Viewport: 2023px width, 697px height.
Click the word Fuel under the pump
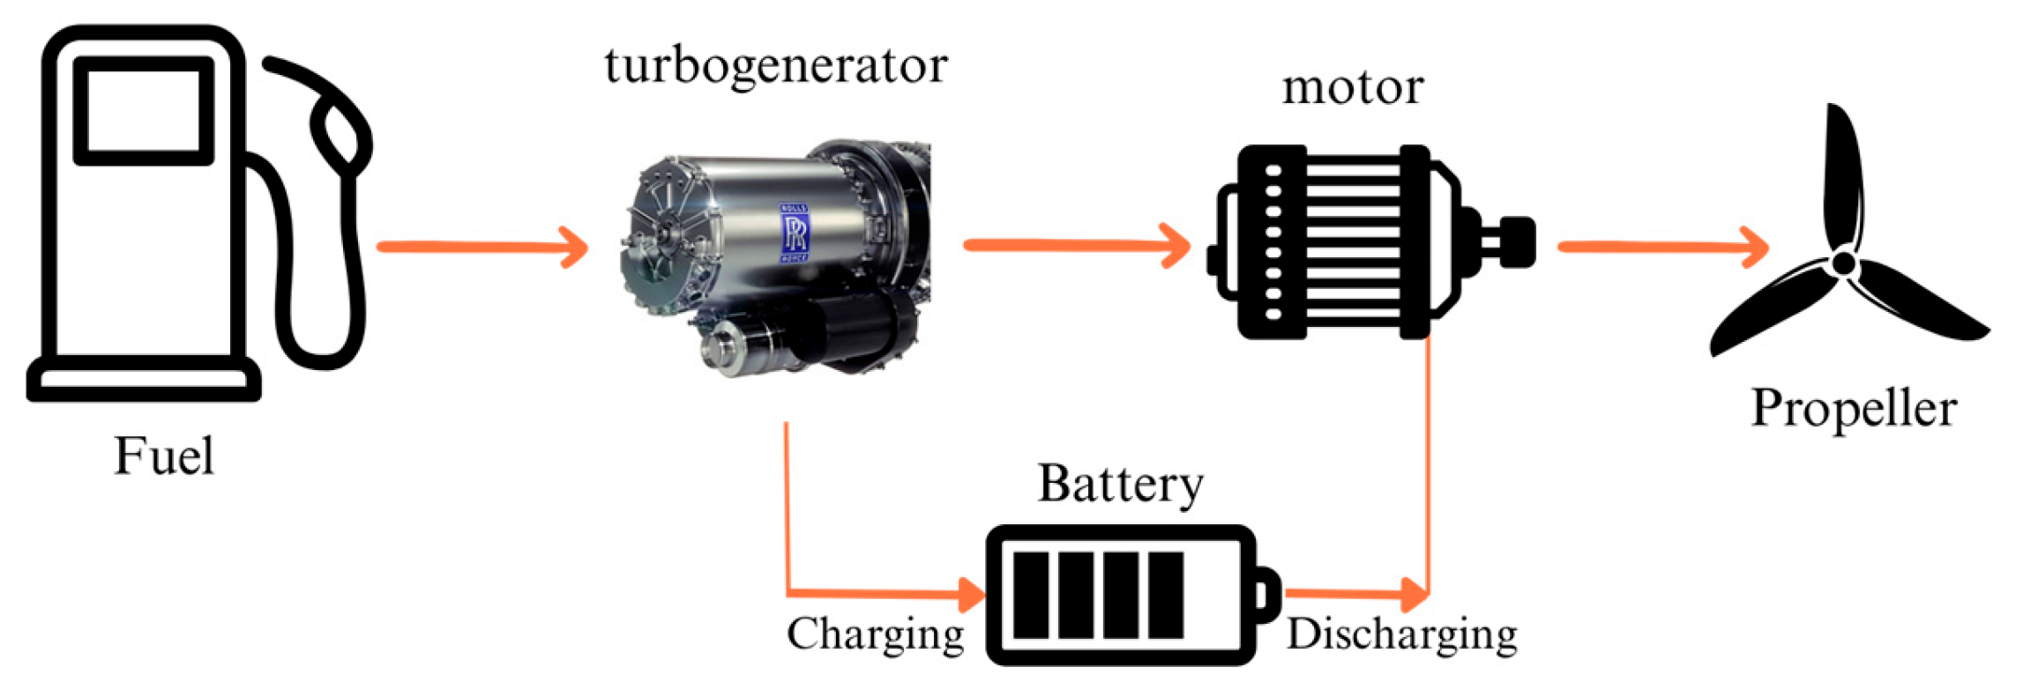(x=164, y=456)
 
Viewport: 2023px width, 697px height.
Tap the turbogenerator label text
(x=776, y=65)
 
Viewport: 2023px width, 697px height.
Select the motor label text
(x=1353, y=87)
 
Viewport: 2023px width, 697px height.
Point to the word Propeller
(x=1854, y=409)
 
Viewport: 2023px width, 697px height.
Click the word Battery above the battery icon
(x=1121, y=485)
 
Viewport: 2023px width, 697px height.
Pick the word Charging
(x=876, y=634)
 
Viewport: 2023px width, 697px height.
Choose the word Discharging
(x=1402, y=634)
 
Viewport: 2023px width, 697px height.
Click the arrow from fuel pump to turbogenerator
(x=482, y=247)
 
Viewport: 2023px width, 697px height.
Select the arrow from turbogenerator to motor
(x=1077, y=245)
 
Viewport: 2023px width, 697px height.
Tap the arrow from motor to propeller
(x=1663, y=247)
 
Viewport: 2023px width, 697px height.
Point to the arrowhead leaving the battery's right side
(x=1415, y=595)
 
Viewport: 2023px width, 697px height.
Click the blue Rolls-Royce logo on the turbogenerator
(x=795, y=234)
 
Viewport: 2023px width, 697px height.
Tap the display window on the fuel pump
(x=144, y=111)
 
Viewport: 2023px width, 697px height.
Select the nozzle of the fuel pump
(x=340, y=132)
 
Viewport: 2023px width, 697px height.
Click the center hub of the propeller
(x=1844, y=262)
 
